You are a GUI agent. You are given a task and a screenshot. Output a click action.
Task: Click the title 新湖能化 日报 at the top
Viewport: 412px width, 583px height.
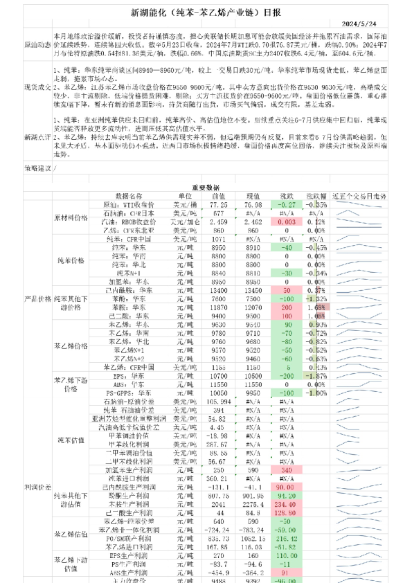pos(206,11)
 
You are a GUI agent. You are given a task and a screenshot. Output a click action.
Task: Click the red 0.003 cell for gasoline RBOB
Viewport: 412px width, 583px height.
pos(285,222)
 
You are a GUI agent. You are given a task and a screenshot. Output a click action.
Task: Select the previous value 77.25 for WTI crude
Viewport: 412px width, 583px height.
pos(219,205)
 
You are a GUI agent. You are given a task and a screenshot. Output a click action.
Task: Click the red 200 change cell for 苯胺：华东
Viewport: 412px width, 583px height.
pos(285,306)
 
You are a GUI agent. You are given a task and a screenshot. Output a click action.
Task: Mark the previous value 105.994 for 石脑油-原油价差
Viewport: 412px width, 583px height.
pos(219,402)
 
